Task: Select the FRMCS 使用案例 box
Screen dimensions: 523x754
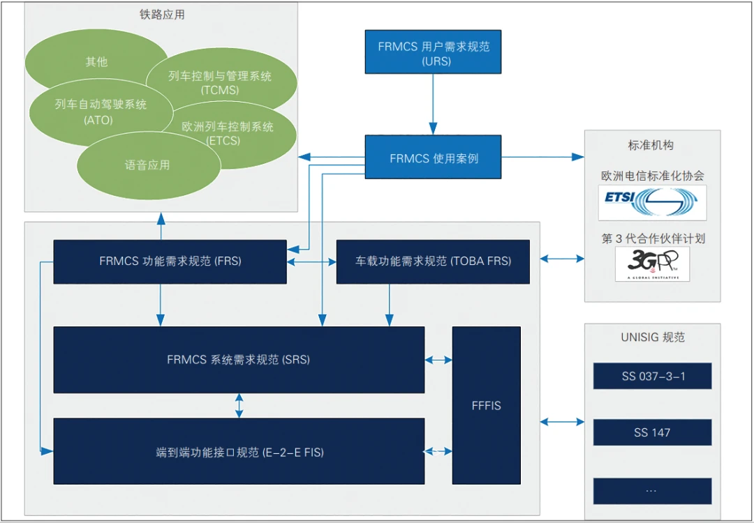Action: tap(433, 157)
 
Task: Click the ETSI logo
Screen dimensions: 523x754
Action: tap(651, 202)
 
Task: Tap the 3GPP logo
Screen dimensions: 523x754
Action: tap(651, 264)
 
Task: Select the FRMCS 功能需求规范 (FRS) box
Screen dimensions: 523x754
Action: tap(170, 261)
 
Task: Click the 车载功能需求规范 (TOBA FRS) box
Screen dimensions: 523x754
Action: tap(433, 261)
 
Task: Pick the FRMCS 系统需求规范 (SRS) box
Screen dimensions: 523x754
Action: tap(239, 360)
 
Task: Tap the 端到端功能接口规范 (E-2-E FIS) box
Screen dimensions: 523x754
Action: tap(239, 451)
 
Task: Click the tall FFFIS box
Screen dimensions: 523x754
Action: tap(486, 405)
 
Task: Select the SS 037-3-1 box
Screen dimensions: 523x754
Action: tap(652, 376)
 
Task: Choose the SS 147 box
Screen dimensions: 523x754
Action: tap(652, 432)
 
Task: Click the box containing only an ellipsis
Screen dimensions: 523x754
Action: tap(652, 490)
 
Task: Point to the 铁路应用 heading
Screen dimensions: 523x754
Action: tap(162, 14)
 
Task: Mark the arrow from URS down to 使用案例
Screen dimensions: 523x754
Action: tap(433, 104)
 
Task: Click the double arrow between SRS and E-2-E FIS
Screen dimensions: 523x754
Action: tap(239, 405)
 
